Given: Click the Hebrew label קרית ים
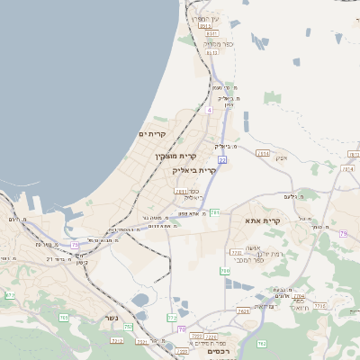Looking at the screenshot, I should (x=153, y=134).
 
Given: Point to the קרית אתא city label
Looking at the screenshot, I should (x=263, y=220).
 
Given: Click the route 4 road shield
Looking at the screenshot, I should (x=210, y=110).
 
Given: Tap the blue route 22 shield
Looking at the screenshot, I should (x=221, y=159).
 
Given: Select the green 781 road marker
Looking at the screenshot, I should (x=214, y=212).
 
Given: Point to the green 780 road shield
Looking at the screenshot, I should (x=225, y=271).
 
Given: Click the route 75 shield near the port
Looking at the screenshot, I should (x=75, y=244).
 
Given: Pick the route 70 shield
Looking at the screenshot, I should (x=182, y=329).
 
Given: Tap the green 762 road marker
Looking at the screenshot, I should (x=261, y=343).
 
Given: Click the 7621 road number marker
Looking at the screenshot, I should (x=243, y=311).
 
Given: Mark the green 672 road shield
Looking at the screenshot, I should (x=10, y=295).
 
